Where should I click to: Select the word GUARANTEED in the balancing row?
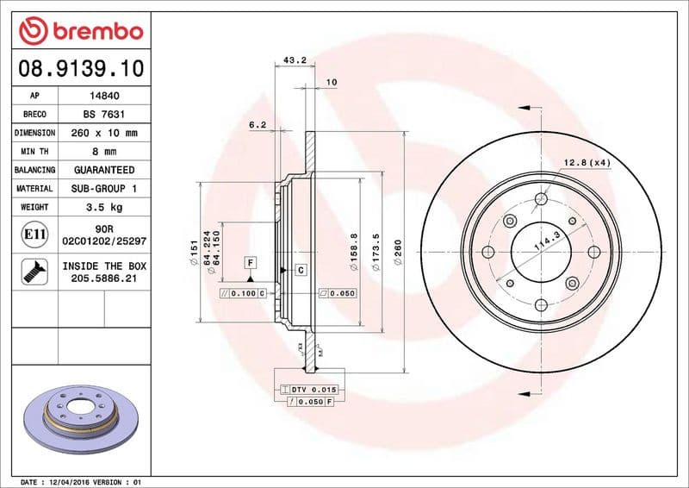[x=104, y=170]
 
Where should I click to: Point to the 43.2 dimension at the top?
[x=295, y=60]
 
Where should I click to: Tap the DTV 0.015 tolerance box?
[x=313, y=390]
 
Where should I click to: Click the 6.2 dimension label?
[x=257, y=125]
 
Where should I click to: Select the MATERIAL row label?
[x=34, y=188]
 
